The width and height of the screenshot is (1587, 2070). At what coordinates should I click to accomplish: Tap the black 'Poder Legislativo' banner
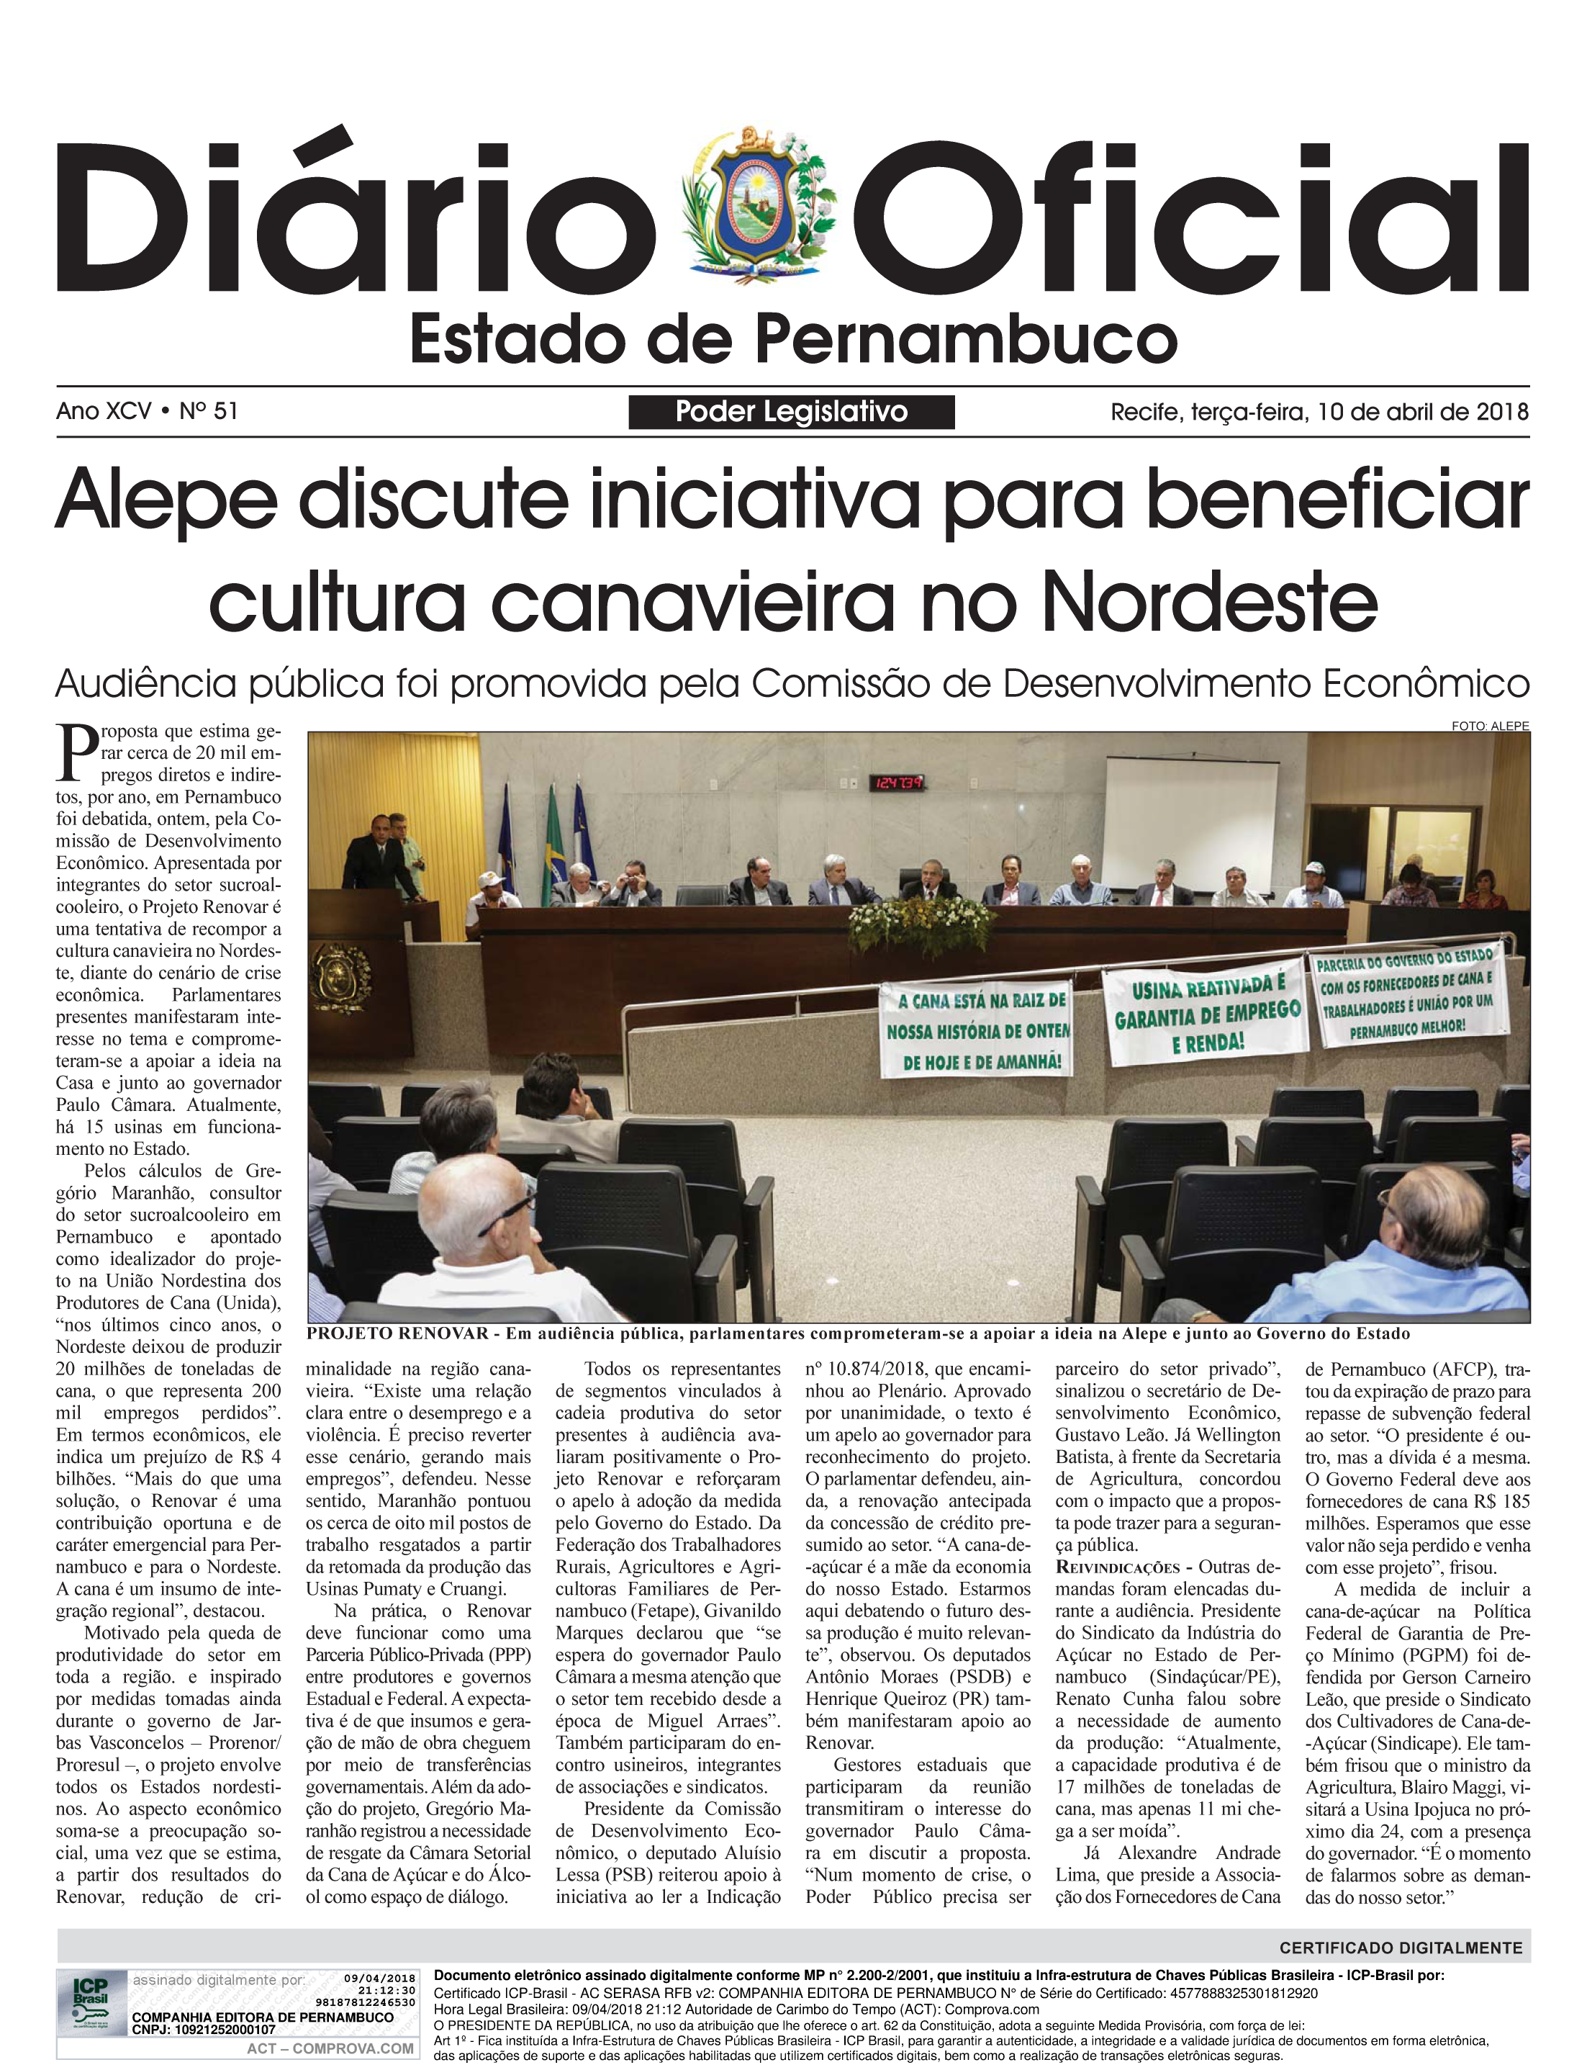point(791,412)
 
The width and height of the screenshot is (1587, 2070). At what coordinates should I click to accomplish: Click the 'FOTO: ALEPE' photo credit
point(1490,726)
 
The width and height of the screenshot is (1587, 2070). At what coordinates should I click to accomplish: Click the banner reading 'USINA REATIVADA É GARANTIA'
point(1207,1014)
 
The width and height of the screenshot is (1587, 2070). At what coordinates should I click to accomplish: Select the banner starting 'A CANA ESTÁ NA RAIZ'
point(977,1031)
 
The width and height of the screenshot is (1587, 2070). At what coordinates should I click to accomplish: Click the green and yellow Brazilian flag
point(551,850)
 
